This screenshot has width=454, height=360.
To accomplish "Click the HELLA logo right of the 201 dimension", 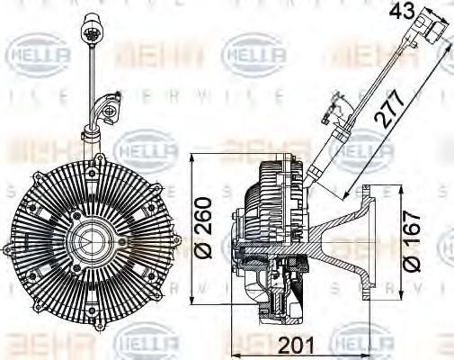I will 363,340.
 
